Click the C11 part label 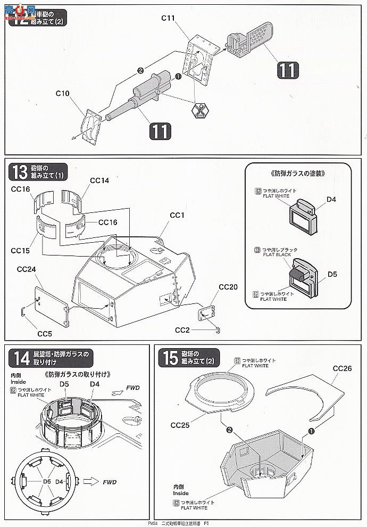coord(168,18)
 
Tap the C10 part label coord(63,94)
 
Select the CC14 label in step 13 coord(99,180)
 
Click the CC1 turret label coord(177,215)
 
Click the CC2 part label coord(183,331)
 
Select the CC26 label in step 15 coord(343,368)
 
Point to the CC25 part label coord(181,425)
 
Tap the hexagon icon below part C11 coord(201,111)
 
